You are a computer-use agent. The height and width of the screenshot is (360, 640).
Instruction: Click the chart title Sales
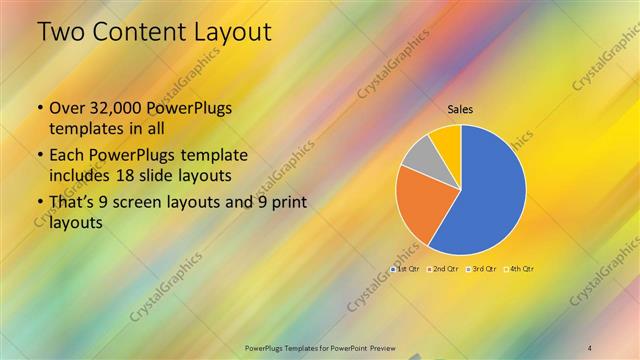point(460,109)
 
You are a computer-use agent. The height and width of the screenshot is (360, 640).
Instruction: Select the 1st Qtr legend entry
point(405,270)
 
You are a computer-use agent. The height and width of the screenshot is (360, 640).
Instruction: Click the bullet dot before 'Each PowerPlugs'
point(39,156)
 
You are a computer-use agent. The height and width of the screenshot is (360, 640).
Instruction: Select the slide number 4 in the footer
point(590,347)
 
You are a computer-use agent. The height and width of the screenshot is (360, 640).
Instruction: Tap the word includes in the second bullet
point(82,174)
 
